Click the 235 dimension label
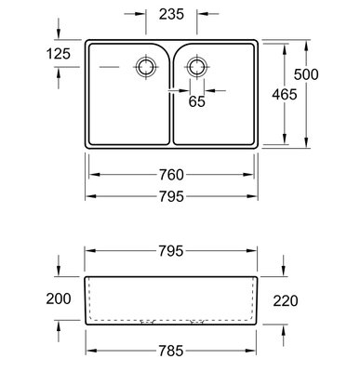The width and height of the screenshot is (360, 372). click(x=171, y=14)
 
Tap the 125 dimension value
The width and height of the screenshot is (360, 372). click(x=59, y=54)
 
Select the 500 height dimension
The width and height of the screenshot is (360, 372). click(x=306, y=74)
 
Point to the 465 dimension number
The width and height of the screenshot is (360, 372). click(x=285, y=94)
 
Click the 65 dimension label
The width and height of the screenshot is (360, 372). click(x=197, y=101)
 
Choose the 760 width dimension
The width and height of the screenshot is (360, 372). click(x=171, y=175)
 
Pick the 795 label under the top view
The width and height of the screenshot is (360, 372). click(x=171, y=196)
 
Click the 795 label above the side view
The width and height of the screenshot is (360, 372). click(x=171, y=251)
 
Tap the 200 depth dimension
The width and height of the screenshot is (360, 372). click(x=59, y=299)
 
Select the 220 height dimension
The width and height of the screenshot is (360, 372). click(x=286, y=300)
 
